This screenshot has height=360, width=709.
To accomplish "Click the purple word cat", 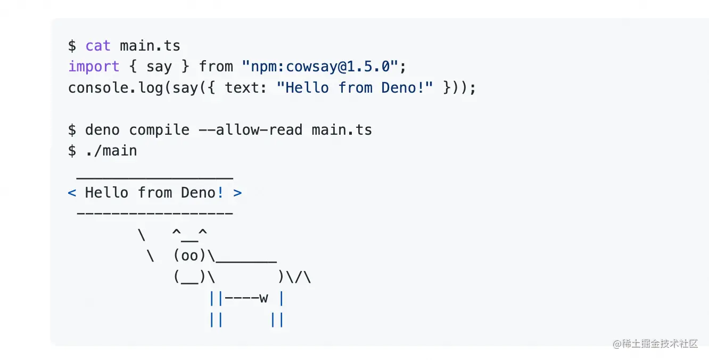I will [x=98, y=46].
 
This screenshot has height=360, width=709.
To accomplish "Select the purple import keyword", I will [x=94, y=67].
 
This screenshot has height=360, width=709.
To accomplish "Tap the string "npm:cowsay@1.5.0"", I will [x=320, y=67].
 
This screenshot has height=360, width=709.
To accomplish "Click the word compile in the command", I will [x=159, y=130].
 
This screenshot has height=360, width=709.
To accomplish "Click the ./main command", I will [x=111, y=151].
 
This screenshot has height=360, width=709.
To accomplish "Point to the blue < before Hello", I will [x=72, y=193].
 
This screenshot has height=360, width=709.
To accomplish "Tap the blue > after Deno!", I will [x=237, y=193].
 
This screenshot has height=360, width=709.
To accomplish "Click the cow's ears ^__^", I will [x=189, y=234].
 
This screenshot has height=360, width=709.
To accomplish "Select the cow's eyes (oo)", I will [x=189, y=256].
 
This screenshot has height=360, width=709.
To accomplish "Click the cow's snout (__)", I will [x=189, y=277].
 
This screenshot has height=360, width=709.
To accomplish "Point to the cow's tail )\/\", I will [x=294, y=277].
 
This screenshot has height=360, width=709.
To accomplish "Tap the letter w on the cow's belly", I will [x=263, y=298].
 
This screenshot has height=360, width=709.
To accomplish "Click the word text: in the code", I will [x=246, y=87].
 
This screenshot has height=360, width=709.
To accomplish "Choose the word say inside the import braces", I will [x=159, y=67].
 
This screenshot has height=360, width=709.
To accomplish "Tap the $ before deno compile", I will [x=72, y=130].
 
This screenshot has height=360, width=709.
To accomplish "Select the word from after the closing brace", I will [x=216, y=67].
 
